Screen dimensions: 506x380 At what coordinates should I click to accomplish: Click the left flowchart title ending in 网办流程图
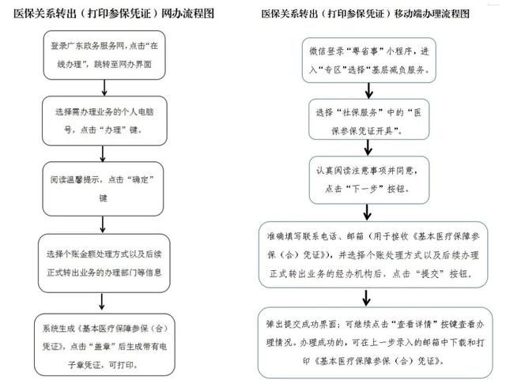click(114, 13)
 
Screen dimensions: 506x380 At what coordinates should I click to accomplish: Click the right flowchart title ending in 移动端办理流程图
click(365, 14)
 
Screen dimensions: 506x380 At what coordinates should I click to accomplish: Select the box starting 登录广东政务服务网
click(104, 55)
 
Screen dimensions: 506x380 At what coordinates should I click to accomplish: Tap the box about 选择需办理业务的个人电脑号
click(104, 121)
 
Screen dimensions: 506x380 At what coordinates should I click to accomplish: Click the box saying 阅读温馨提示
click(103, 189)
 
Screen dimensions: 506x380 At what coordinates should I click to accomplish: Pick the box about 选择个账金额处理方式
click(104, 263)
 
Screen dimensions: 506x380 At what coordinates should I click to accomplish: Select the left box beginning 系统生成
click(104, 344)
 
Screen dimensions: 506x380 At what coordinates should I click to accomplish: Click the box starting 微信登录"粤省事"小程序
click(369, 60)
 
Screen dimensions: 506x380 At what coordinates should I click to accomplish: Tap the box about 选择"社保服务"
click(369, 119)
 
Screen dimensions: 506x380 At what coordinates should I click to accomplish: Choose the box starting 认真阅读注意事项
click(369, 180)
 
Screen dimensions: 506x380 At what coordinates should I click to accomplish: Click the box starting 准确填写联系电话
click(373, 254)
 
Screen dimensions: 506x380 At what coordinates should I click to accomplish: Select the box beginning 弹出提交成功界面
click(376, 342)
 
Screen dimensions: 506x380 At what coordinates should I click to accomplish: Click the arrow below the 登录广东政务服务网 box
click(104, 88)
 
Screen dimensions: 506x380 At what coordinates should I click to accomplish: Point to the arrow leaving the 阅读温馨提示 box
click(103, 224)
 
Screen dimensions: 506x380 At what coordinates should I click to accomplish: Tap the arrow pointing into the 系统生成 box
click(102, 302)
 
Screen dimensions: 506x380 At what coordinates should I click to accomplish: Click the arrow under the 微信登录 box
click(369, 91)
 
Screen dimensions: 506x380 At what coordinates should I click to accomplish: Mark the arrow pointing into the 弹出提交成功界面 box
click(366, 298)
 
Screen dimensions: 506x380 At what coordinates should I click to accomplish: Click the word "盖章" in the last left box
click(100, 347)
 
